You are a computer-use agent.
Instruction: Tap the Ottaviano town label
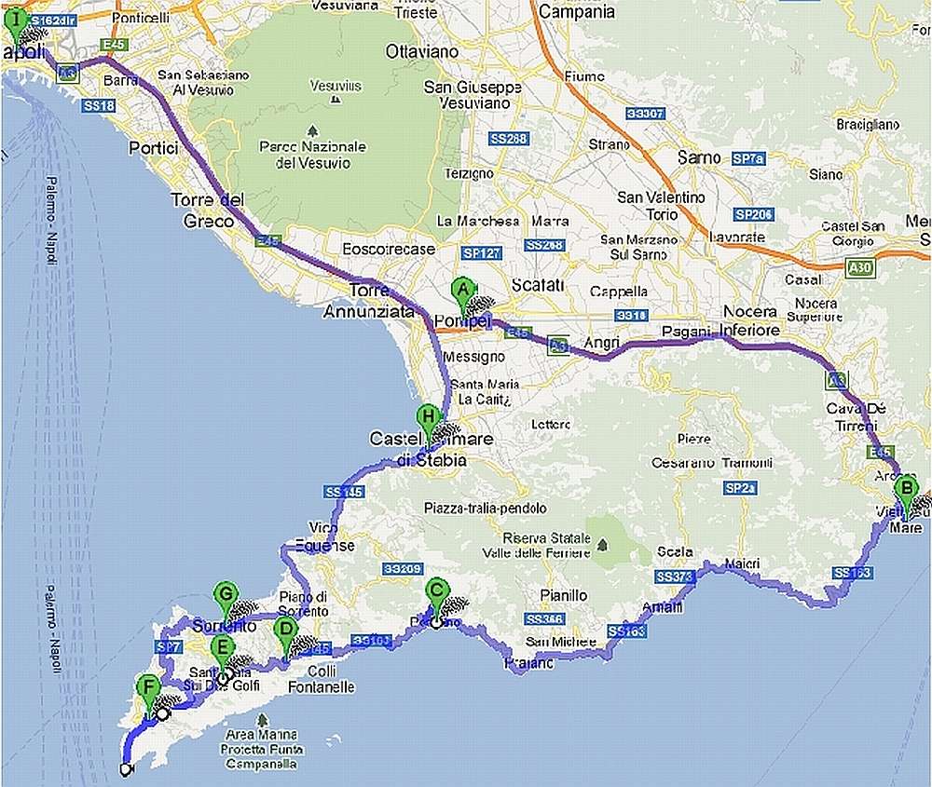(423, 52)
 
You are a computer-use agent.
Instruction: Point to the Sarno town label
(699, 157)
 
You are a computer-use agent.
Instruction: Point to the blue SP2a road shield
(738, 488)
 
